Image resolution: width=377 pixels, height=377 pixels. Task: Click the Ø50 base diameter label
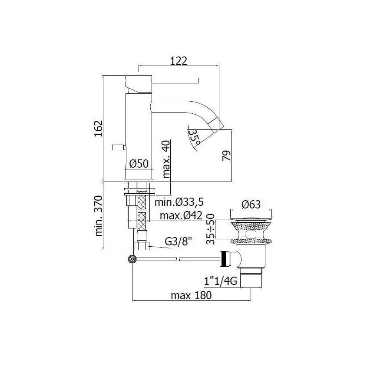[x=139, y=164]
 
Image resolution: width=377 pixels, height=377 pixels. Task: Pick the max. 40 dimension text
[x=165, y=159]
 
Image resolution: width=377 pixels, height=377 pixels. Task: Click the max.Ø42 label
[x=182, y=215]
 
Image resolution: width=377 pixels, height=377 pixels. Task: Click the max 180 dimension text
[x=191, y=296]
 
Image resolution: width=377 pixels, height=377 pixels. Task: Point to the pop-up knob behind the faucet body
[x=118, y=148]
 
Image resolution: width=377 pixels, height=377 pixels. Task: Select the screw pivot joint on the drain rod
[x=132, y=259]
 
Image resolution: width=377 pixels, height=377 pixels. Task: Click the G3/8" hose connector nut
[x=142, y=246]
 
